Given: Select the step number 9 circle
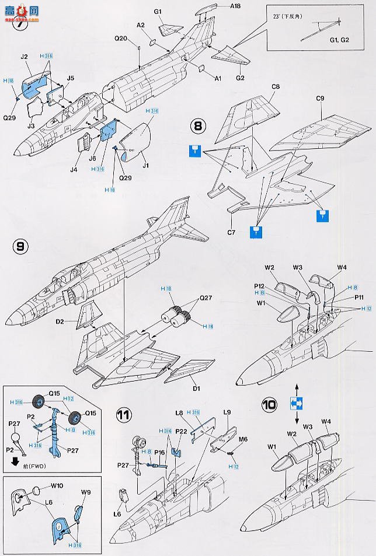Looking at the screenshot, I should click(x=19, y=247).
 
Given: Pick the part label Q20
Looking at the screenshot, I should click(x=137, y=39).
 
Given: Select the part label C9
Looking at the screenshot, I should click(x=319, y=99).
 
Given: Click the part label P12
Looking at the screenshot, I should click(x=260, y=285).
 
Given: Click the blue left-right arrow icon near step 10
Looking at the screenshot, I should click(x=297, y=402).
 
